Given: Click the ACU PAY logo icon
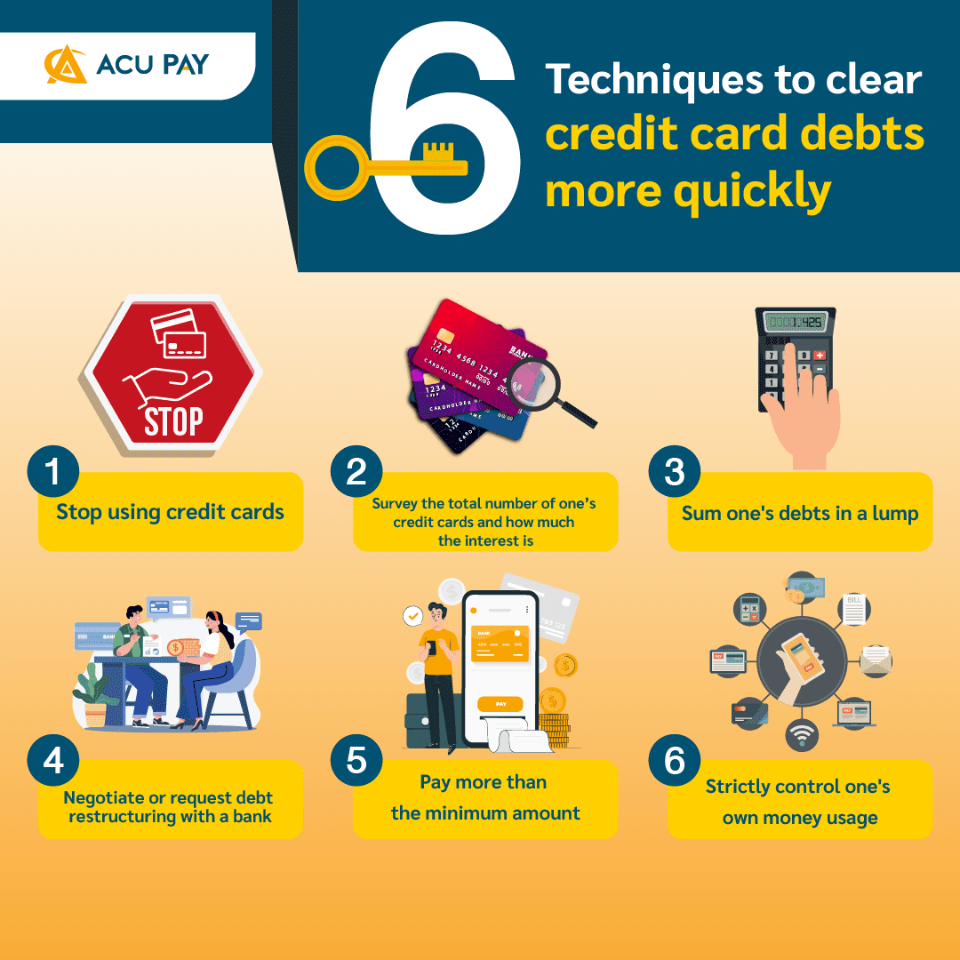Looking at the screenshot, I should click(66, 65).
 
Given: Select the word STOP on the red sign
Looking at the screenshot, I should click(172, 420).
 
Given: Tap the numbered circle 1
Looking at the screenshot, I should click(53, 470).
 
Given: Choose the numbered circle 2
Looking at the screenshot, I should click(356, 470).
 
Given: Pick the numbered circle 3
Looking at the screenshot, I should click(675, 470).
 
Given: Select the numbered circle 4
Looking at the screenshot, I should click(53, 761).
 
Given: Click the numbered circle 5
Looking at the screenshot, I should click(356, 761).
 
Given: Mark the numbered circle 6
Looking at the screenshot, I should click(675, 761).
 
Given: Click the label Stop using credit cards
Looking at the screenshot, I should click(171, 512).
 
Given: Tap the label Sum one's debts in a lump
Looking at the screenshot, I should click(800, 513).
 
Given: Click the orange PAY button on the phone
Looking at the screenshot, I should click(500, 704).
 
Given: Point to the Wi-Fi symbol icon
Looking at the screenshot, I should click(802, 735).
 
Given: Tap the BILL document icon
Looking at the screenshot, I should click(853, 609).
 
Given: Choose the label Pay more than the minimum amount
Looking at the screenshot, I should click(485, 798).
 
